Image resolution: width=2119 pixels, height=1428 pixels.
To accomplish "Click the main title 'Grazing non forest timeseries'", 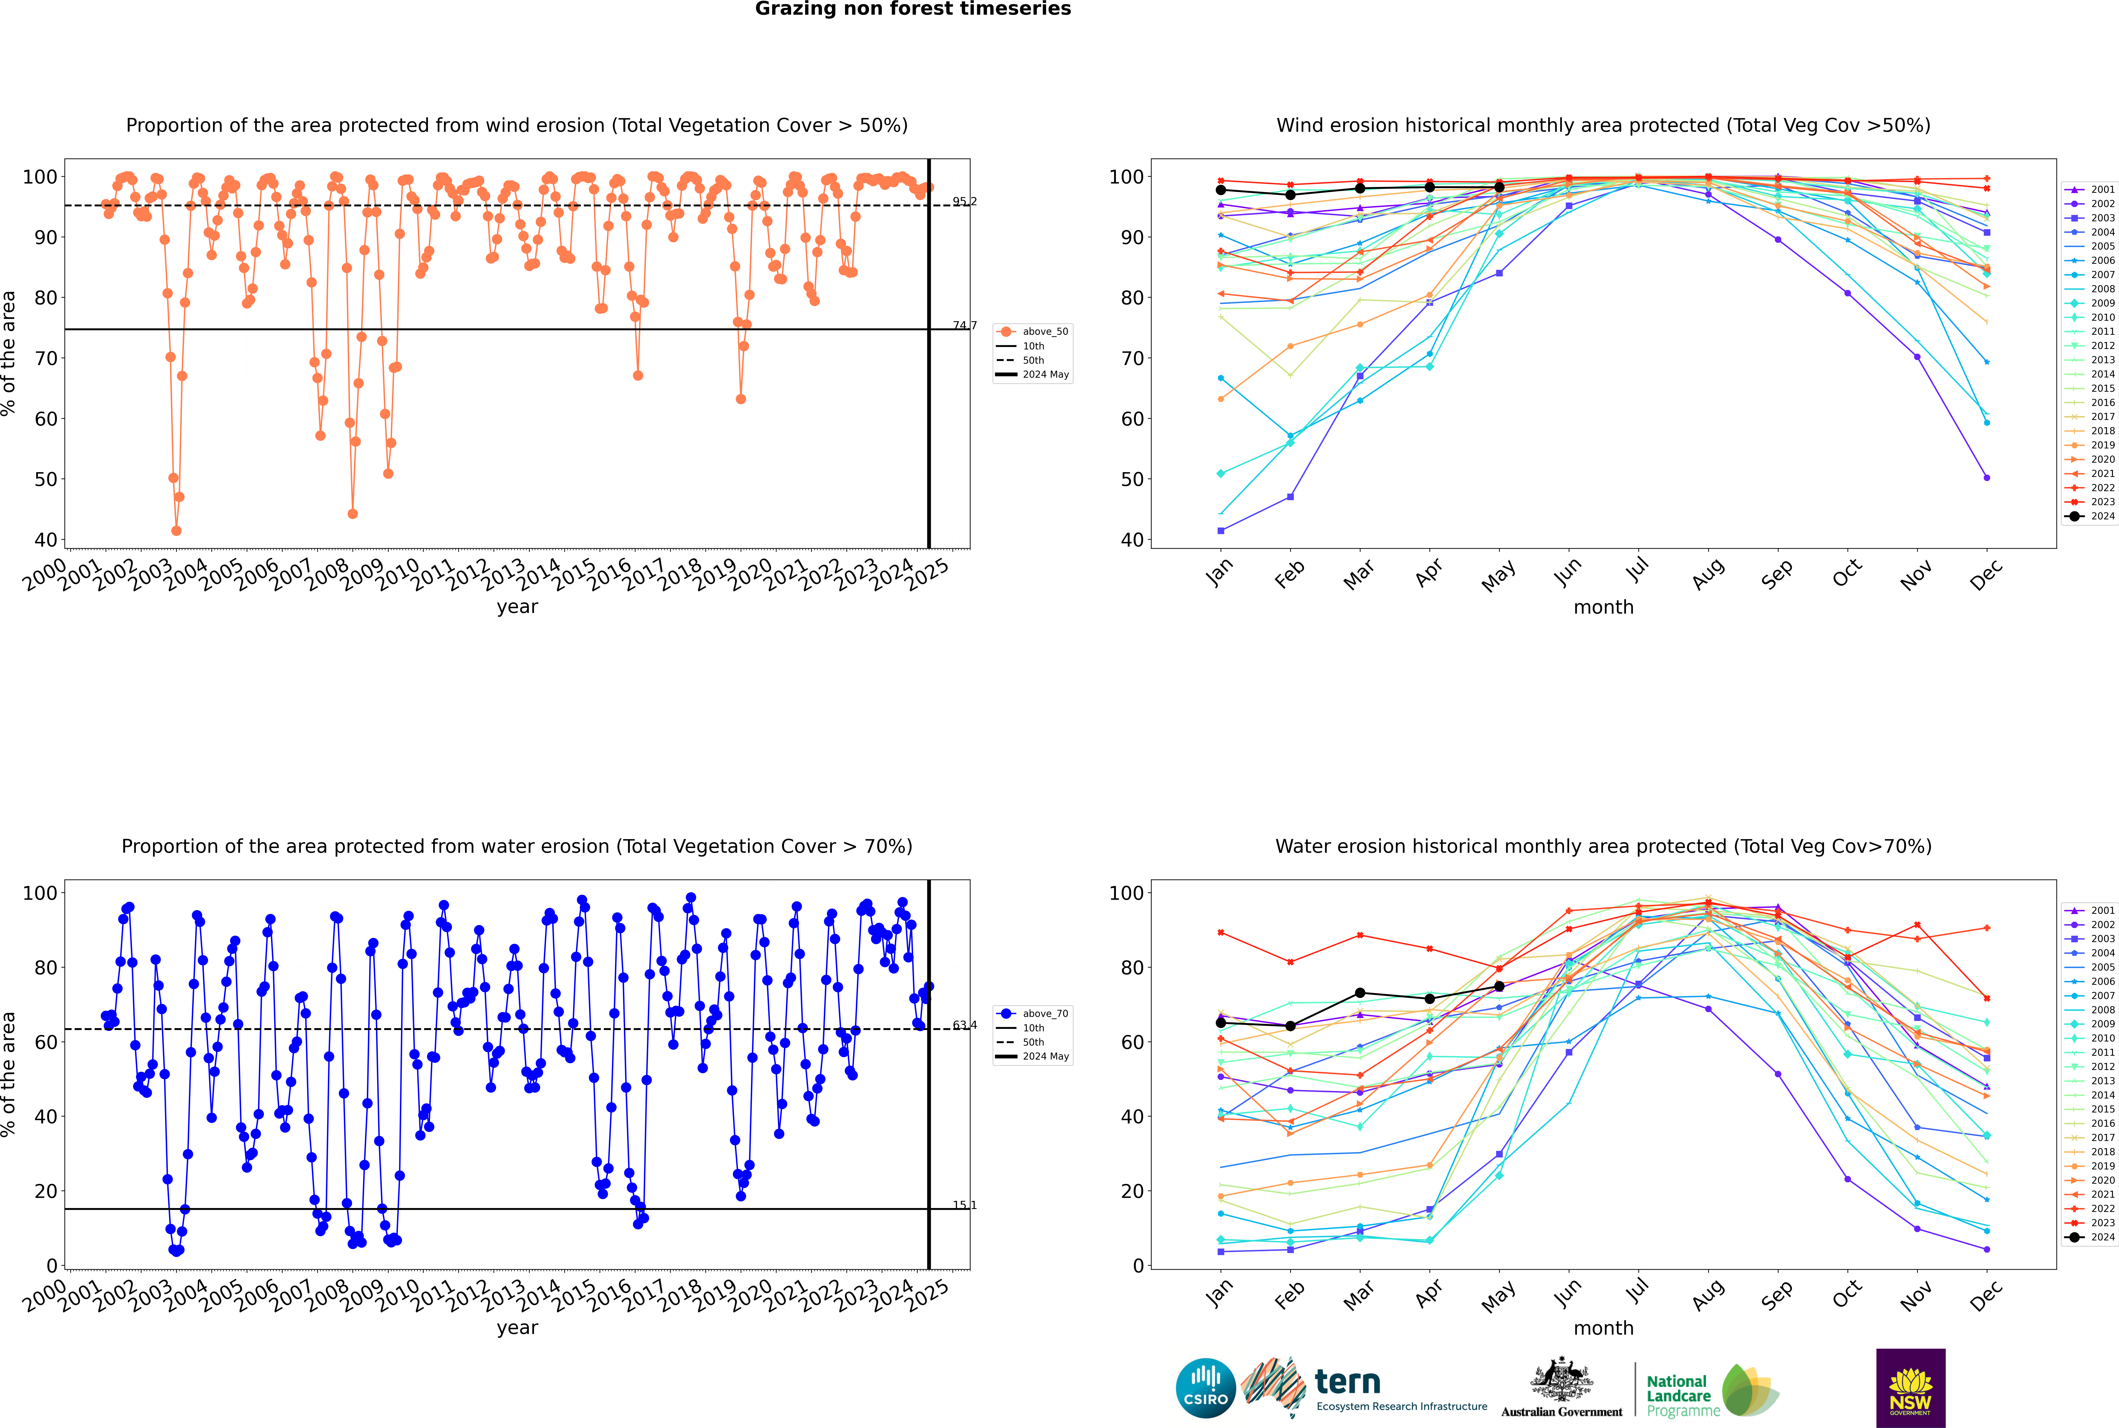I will [x=913, y=9].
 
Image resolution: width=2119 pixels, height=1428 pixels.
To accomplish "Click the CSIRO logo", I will [x=1205, y=1388].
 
